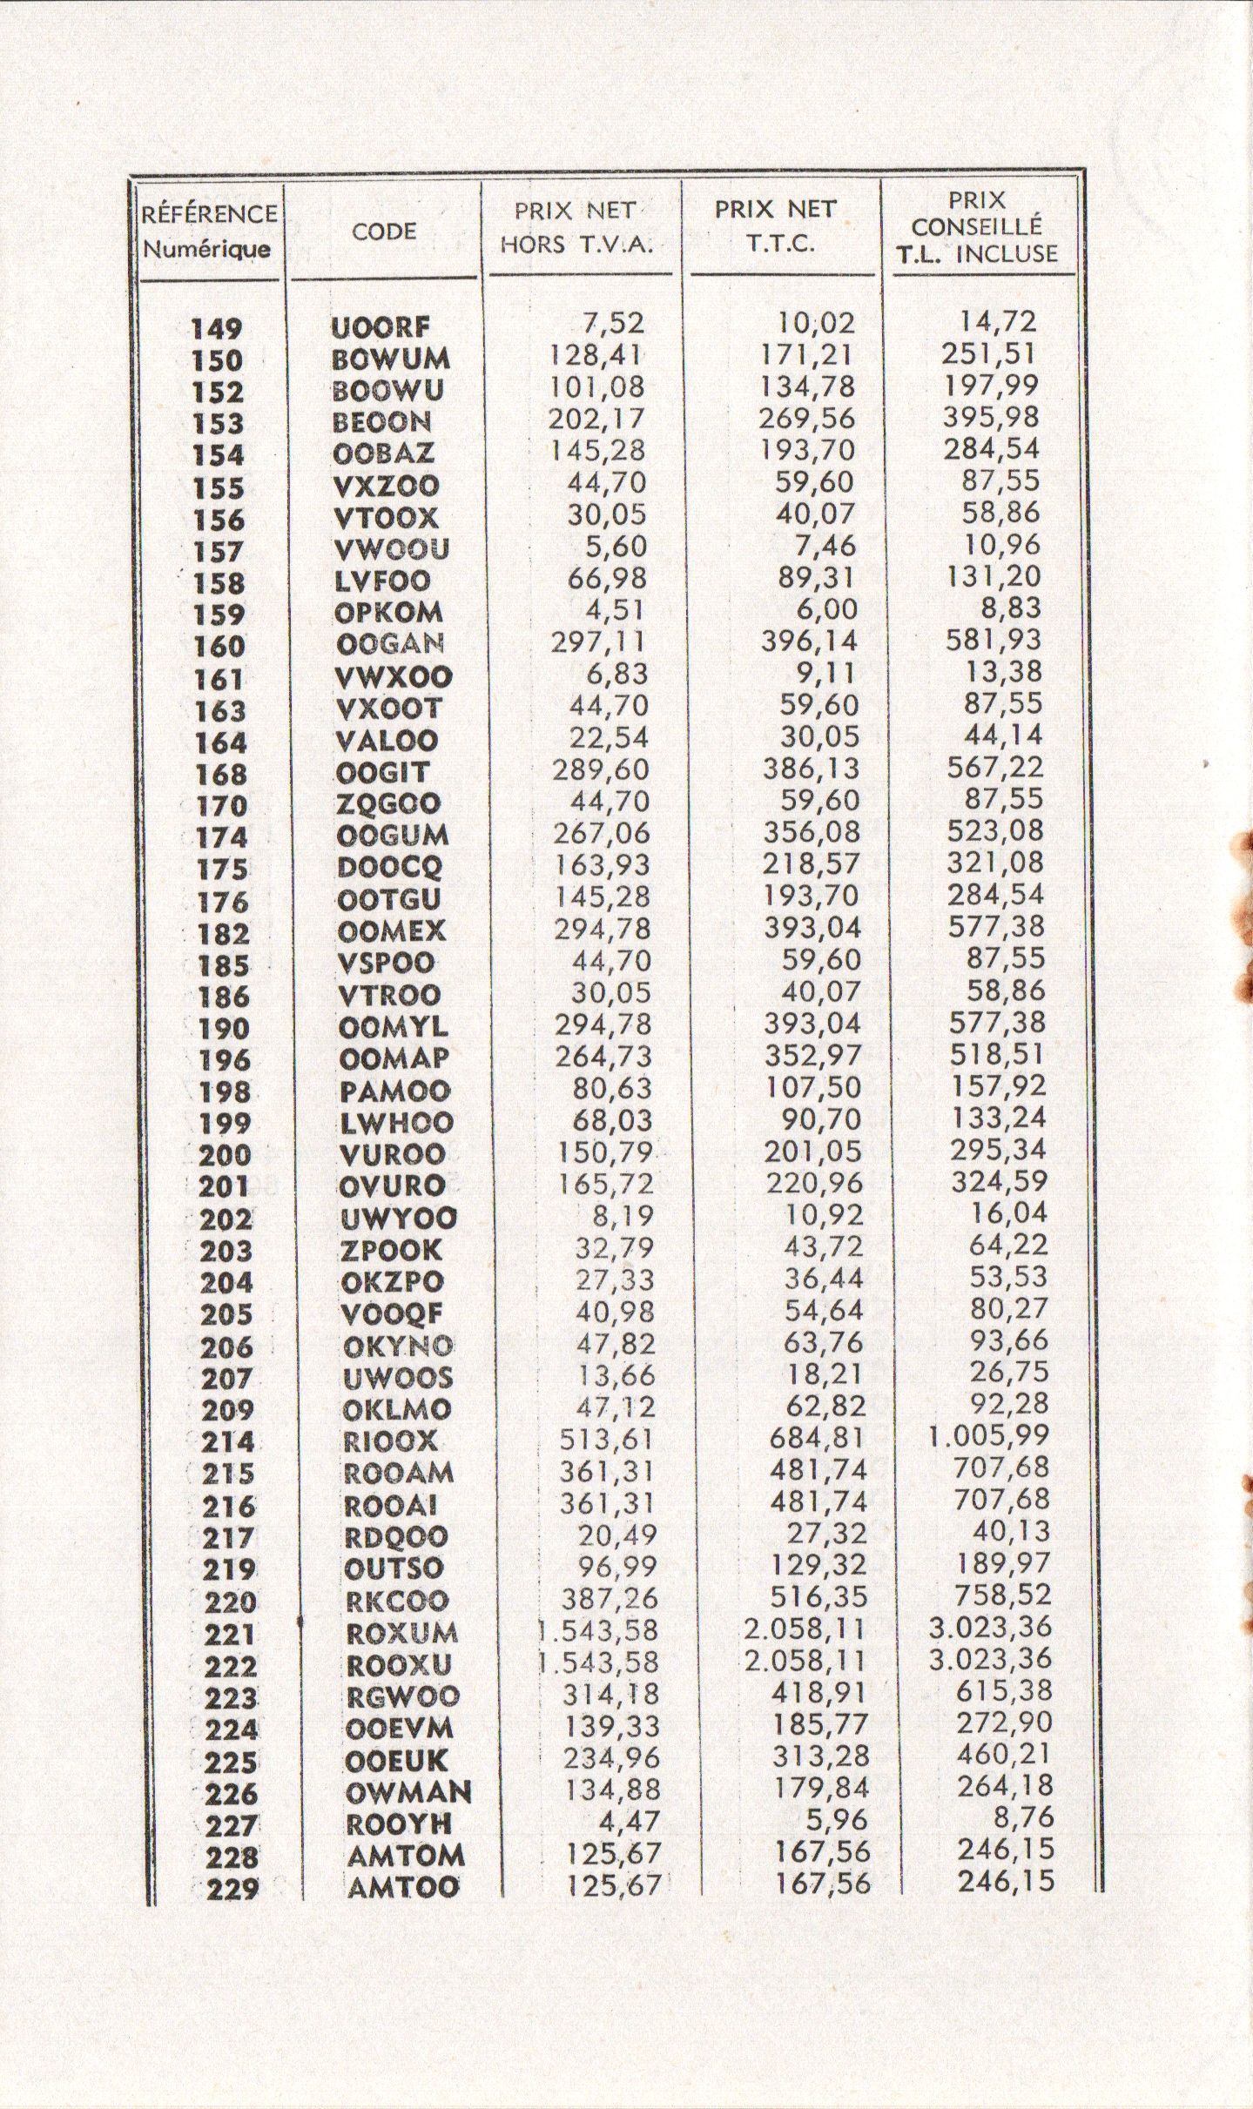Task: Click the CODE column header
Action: [384, 232]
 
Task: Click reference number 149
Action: [217, 329]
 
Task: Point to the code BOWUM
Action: [392, 359]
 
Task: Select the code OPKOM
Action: [388, 613]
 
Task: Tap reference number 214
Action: [228, 1442]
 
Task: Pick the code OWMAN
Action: [408, 1792]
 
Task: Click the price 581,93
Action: [994, 640]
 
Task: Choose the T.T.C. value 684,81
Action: [818, 1438]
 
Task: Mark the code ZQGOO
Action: [388, 803]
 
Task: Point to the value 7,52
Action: [614, 323]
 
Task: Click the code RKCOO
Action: [397, 1601]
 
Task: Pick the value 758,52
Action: [1002, 1595]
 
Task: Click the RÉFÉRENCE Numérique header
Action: [210, 232]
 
